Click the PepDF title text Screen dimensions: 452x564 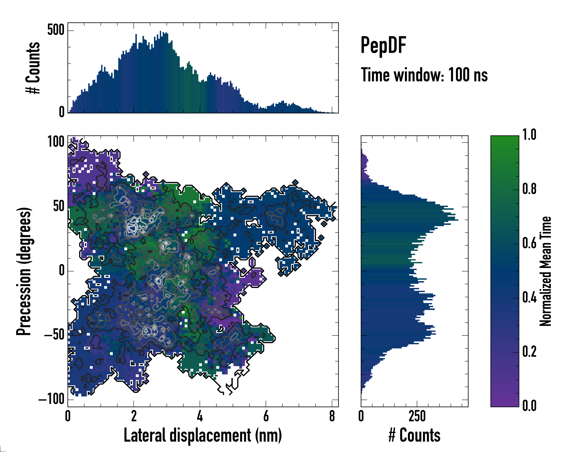click(383, 45)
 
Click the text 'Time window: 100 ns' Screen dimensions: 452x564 click(424, 75)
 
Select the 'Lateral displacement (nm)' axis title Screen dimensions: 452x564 click(203, 435)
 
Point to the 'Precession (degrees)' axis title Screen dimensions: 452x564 click(24, 271)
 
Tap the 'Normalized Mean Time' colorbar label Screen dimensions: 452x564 click(545, 271)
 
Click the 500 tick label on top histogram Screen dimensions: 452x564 click(56, 30)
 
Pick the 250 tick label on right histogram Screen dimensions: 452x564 click(417, 416)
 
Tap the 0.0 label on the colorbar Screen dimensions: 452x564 click(529, 406)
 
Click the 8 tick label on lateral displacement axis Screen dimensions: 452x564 click(332, 416)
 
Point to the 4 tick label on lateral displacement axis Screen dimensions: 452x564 click(200, 416)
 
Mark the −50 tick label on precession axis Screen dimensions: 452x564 click(54, 335)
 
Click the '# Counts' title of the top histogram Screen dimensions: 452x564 click(33, 68)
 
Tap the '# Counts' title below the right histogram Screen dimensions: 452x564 click(414, 435)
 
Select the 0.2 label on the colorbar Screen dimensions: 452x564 click(529, 352)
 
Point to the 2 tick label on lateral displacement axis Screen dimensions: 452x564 click(134, 416)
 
